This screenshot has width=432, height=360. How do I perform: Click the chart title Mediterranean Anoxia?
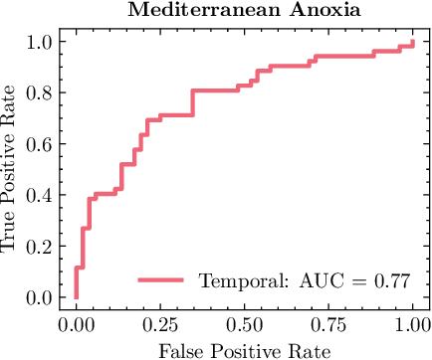coord(244,12)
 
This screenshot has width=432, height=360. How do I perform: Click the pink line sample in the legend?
coord(161,281)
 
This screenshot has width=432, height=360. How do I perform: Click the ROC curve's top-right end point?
coord(412,42)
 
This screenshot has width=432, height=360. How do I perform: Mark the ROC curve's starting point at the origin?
coord(76,297)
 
